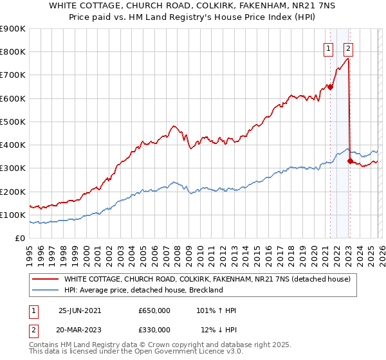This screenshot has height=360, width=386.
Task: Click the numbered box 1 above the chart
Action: (328, 47)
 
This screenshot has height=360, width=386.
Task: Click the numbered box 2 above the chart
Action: (348, 47)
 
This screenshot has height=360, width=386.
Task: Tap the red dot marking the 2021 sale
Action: (330, 87)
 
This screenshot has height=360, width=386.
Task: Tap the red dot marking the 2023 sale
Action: (350, 161)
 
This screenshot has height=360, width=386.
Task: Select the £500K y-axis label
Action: (13, 122)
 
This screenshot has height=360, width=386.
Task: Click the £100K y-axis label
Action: (13, 215)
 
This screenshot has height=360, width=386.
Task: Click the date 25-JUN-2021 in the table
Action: (80, 310)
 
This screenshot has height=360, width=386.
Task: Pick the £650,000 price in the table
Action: (154, 310)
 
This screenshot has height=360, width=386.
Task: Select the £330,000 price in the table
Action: (154, 330)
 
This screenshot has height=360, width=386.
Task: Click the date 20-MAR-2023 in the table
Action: (80, 330)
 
